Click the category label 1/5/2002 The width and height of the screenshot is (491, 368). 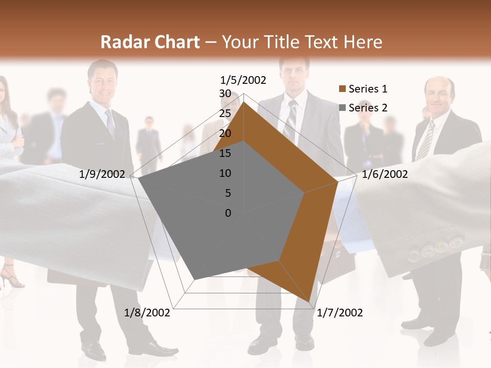point(243,80)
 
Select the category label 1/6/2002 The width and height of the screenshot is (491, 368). point(385,174)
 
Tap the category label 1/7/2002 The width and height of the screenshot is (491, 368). point(340,312)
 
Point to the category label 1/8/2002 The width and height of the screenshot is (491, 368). point(147,312)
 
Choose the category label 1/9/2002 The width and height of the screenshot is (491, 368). point(102,174)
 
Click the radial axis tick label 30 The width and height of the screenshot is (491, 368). point(225,94)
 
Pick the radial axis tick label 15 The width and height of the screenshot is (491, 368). point(225,153)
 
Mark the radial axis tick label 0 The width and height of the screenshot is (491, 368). point(228,213)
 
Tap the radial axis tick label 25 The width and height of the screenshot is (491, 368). point(225,113)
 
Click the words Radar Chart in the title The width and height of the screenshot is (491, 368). point(150,42)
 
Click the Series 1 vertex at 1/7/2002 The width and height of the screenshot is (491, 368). point(310,302)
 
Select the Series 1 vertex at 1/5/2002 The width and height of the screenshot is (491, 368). point(243,102)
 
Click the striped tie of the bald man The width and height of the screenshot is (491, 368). point(425,140)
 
